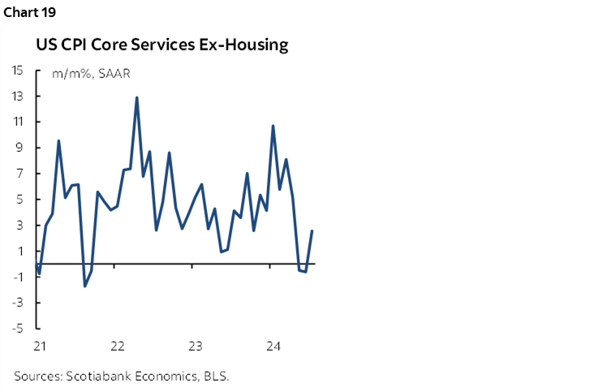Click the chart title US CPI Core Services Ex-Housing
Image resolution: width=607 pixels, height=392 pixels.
click(x=161, y=45)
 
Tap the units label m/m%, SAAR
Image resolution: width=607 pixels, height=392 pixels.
click(x=92, y=74)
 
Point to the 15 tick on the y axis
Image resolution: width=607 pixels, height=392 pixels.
click(x=17, y=71)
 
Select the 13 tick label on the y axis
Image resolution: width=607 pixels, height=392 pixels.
click(x=17, y=97)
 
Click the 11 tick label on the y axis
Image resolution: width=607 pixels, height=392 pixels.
click(x=17, y=122)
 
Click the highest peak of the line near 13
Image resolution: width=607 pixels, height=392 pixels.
click(x=136, y=97)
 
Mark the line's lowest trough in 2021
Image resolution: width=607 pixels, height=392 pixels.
click(x=84, y=286)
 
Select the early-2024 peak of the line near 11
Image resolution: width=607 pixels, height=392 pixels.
click(x=273, y=126)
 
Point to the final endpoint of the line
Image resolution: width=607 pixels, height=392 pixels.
click(x=312, y=231)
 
